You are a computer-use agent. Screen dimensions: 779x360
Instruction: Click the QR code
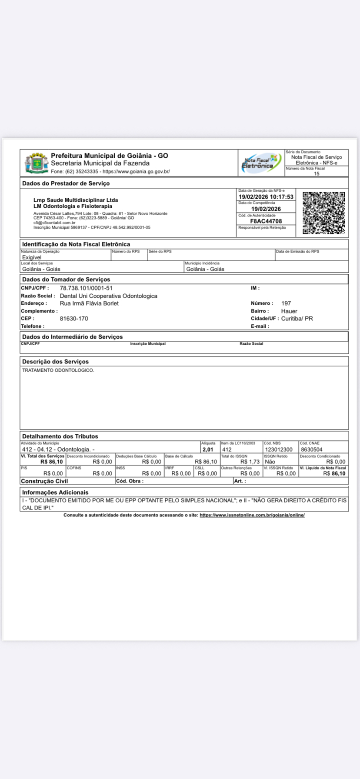[324, 213]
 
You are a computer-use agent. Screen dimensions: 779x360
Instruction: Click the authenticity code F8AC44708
[266, 221]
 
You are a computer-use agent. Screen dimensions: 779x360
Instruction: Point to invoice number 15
[317, 173]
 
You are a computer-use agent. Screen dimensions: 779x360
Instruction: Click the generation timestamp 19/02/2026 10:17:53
[266, 197]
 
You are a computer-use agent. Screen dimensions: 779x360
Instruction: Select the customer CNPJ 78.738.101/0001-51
[86, 288]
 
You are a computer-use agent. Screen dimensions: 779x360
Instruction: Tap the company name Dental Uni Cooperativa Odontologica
[108, 296]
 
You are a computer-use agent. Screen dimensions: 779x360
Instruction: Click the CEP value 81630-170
[74, 319]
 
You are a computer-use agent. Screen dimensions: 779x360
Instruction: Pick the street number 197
[286, 303]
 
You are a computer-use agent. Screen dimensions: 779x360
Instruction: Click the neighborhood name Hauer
[289, 311]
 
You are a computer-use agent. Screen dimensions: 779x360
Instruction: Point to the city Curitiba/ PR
[297, 319]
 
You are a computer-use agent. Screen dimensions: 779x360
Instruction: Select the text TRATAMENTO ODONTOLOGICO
[58, 370]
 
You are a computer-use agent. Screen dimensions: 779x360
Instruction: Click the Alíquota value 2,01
[208, 449]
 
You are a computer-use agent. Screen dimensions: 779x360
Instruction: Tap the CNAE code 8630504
[312, 449]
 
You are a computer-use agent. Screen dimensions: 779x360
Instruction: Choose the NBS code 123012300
[279, 449]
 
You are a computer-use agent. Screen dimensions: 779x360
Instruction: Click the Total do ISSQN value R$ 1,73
[250, 462]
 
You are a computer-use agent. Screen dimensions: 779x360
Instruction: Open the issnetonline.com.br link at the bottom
[252, 515]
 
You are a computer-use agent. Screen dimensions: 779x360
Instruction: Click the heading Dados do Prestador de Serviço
[66, 183]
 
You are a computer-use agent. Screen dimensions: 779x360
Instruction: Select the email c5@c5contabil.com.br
[54, 223]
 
